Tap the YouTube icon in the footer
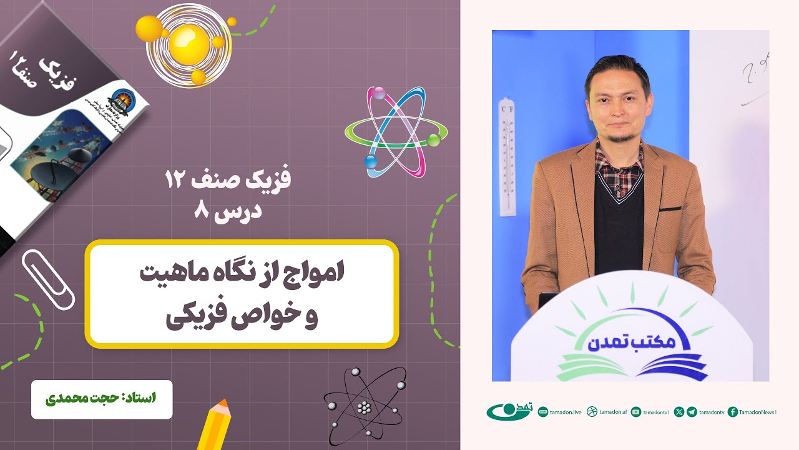tap(636, 412)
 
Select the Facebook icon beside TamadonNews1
tap(733, 412)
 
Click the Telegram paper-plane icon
tap(692, 412)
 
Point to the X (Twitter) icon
tap(679, 412)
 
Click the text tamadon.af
tap(612, 412)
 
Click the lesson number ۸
tap(201, 211)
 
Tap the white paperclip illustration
tap(47, 278)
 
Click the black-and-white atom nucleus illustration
tap(364, 407)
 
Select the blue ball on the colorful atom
tap(371, 162)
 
